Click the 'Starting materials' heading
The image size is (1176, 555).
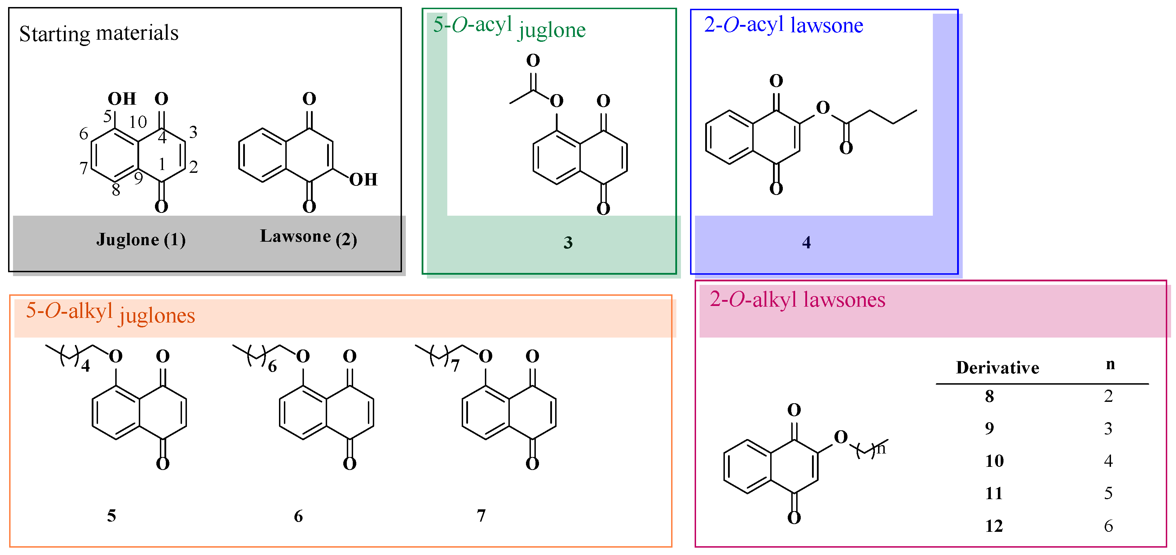coord(99,33)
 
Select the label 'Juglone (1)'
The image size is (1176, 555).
coord(141,240)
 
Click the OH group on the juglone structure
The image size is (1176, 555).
coord(122,99)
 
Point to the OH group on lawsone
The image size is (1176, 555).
coord(363,179)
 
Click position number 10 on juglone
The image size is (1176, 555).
coord(137,122)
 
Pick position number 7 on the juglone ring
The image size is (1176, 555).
coord(84,168)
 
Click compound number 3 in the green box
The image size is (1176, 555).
coord(567,242)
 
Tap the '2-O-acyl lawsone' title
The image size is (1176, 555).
coord(784,25)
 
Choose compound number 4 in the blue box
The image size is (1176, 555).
coord(806,242)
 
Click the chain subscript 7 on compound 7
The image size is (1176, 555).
coord(455,366)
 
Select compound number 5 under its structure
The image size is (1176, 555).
coord(111,516)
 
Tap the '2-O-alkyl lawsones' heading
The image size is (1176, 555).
coord(797,300)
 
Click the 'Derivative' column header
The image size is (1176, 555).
coord(998,367)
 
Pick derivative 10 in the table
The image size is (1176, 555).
coord(994,461)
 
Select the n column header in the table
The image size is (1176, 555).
coord(1110,364)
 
